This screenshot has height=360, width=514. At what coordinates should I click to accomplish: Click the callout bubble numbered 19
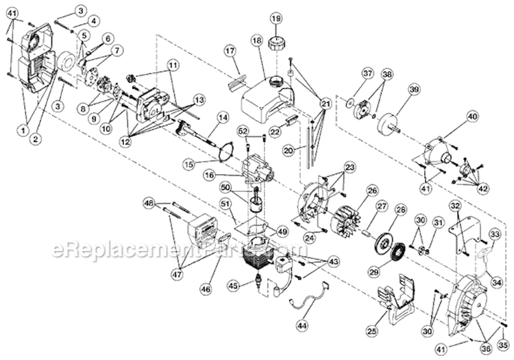[276, 17]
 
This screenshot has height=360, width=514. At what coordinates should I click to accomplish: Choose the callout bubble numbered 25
[371, 332]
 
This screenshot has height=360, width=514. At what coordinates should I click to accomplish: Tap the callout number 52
[243, 130]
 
